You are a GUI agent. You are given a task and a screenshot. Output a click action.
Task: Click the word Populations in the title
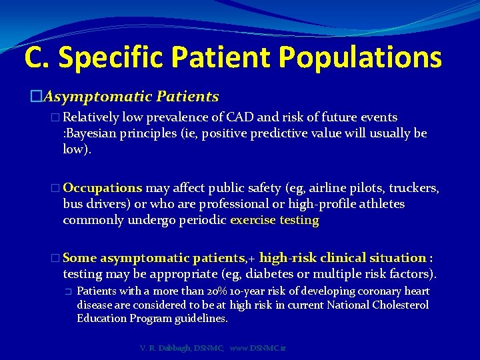tap(359, 57)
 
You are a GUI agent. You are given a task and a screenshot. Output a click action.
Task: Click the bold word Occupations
tap(103, 188)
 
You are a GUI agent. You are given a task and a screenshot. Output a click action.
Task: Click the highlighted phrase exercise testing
tap(275, 219)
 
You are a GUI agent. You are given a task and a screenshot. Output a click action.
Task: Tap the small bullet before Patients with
tap(67, 292)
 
